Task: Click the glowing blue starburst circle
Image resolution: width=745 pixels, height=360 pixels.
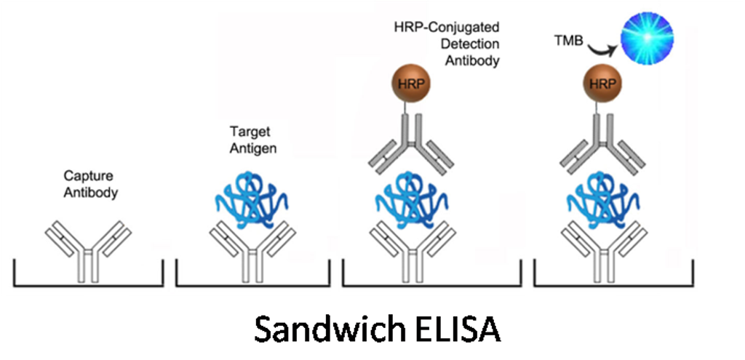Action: (647, 38)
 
